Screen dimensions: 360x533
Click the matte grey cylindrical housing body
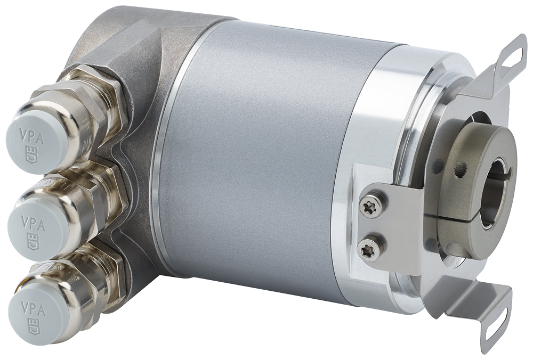tap(256, 160)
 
